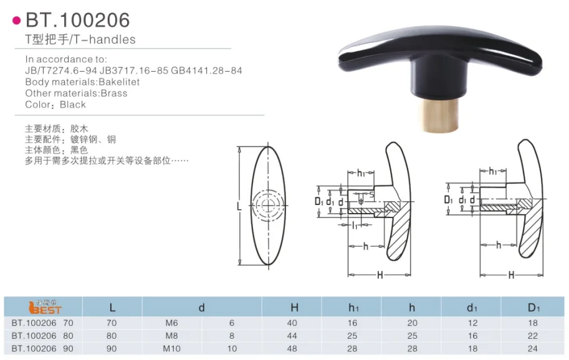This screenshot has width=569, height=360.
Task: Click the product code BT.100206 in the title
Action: click(x=78, y=20)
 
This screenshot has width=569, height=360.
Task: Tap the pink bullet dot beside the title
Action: click(x=17, y=21)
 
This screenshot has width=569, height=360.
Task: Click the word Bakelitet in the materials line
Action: click(x=119, y=82)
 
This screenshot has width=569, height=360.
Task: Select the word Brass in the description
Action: click(x=114, y=93)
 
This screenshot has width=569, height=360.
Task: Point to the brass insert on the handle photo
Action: click(x=439, y=115)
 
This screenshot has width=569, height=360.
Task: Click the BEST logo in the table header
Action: click(x=45, y=308)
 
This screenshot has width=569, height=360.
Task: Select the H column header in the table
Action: click(x=294, y=308)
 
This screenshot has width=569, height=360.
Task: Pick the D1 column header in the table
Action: click(x=533, y=308)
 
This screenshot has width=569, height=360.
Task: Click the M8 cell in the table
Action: click(x=171, y=336)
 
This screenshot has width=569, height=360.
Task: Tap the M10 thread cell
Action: click(x=171, y=349)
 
